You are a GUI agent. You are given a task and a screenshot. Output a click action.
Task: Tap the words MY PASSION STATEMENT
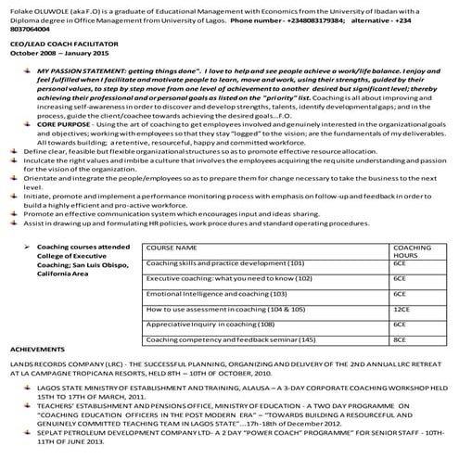pyautogui.click(x=80, y=70)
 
